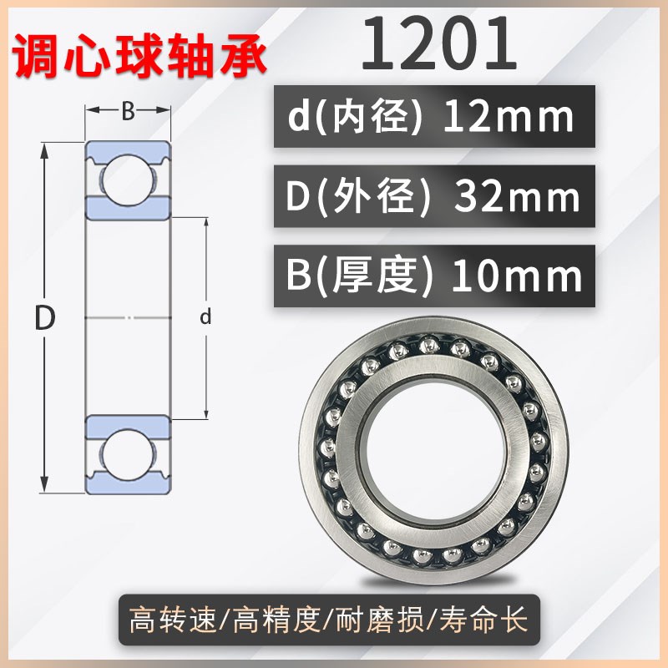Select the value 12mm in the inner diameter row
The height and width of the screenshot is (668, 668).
point(509,118)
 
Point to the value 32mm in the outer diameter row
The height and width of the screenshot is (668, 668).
point(515,197)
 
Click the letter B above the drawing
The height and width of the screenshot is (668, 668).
point(128,111)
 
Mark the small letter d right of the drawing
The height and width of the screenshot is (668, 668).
point(205,317)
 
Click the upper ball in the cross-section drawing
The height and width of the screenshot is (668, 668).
point(128,173)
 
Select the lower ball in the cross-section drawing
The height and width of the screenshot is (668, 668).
point(128,458)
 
